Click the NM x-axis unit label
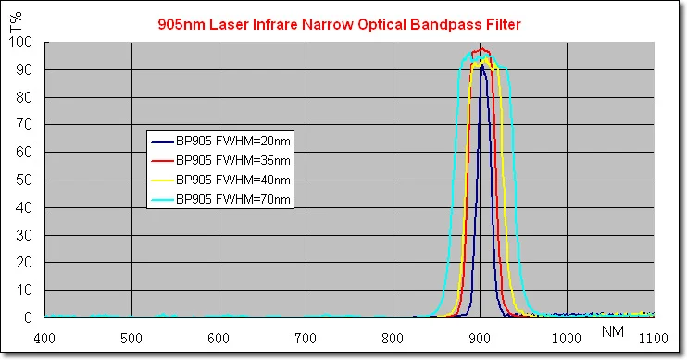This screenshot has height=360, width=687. click(x=612, y=330)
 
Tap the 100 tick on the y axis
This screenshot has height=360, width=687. click(x=25, y=43)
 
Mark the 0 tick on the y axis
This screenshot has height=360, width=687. click(x=31, y=317)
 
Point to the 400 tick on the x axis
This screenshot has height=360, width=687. click(x=45, y=339)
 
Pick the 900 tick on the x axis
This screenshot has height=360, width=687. click(x=480, y=339)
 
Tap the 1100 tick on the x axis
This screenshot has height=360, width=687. click(x=654, y=339)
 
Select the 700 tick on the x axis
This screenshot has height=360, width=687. click(x=306, y=339)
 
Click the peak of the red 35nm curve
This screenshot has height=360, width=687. click(x=480, y=49)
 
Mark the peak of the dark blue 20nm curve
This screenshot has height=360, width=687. click(x=481, y=66)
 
